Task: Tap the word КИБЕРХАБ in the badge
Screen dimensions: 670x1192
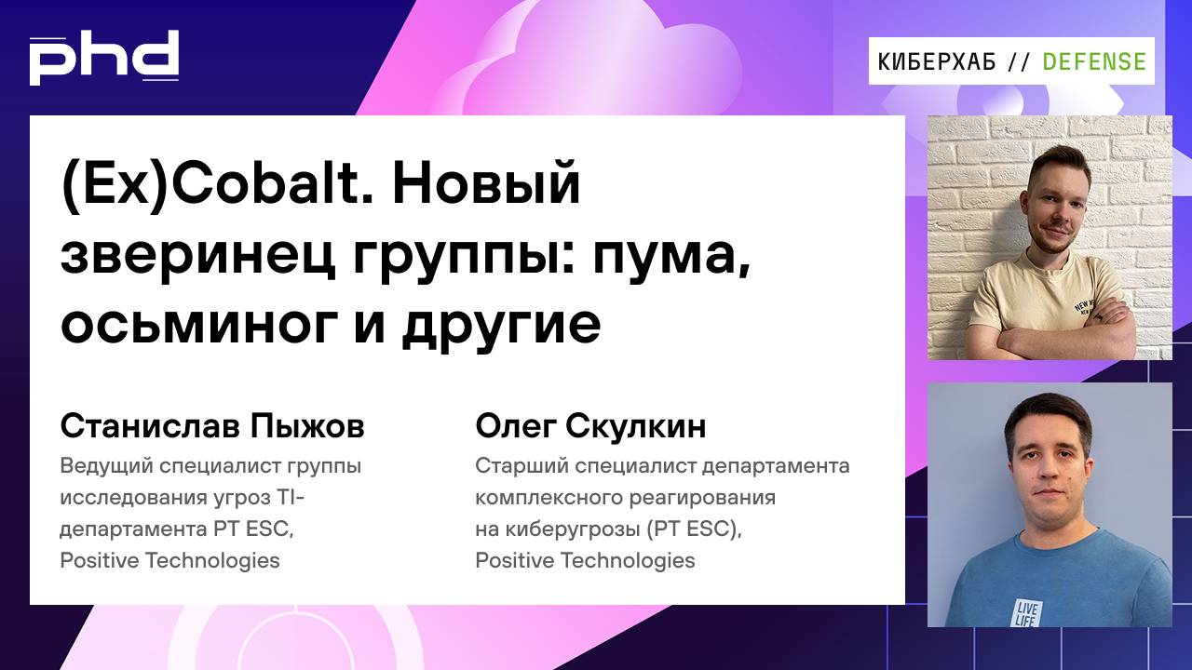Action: coord(937,61)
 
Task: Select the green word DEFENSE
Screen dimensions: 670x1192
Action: coord(1094,61)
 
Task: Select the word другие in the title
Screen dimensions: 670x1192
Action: coord(501,324)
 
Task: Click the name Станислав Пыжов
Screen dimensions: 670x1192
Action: coord(212,427)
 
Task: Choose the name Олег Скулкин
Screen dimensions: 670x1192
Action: coord(590,426)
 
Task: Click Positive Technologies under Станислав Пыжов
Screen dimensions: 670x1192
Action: coord(169,560)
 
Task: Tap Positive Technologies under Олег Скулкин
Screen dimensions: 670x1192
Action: coord(585,560)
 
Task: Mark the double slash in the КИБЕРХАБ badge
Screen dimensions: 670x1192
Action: coord(1019,61)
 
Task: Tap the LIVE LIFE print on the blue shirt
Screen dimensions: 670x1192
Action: coord(1029,613)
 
